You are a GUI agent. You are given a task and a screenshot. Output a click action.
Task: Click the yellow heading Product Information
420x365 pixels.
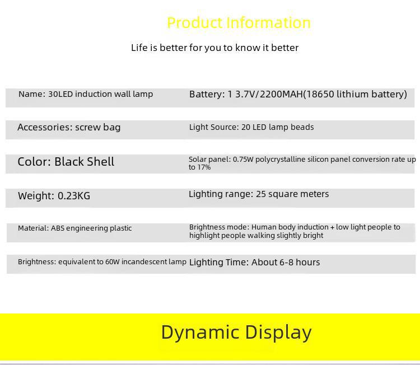pos(239,23)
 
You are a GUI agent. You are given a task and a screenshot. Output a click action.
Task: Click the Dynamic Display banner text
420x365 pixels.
pos(236,333)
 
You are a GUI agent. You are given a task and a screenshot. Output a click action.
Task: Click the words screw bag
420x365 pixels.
pos(98,128)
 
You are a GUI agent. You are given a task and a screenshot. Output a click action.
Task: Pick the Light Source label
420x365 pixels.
pos(214,127)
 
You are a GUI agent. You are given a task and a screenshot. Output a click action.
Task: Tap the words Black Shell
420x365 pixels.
pos(85,162)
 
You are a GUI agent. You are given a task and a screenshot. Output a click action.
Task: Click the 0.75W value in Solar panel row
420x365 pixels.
pos(243,160)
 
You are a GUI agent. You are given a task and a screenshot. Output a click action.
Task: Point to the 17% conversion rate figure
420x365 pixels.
pos(204,167)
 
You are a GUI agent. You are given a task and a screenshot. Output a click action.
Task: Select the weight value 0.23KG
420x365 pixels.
pos(74,196)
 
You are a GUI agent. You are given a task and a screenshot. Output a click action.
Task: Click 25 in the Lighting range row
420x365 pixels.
pos(261,194)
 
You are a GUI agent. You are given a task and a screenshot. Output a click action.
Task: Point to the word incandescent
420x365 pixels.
pos(144,261)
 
